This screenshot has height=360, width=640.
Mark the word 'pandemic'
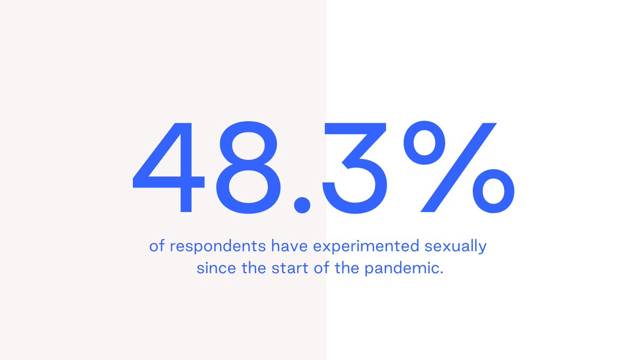403,268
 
